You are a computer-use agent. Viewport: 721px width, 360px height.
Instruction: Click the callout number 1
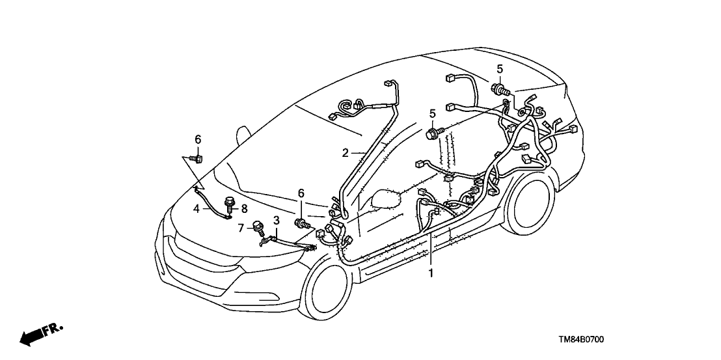(430, 273)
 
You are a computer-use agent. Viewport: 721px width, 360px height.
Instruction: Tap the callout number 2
(346, 153)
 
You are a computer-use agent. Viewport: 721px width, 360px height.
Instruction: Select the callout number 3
(276, 220)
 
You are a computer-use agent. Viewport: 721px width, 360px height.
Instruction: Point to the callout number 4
(196, 208)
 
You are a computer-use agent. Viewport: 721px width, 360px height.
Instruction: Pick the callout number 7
(241, 227)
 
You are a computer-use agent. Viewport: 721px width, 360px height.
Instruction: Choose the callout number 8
(244, 208)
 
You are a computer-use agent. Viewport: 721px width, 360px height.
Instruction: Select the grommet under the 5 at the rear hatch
(500, 89)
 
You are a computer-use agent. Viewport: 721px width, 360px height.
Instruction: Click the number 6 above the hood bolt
(198, 139)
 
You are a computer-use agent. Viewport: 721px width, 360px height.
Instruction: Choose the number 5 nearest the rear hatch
(500, 69)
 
